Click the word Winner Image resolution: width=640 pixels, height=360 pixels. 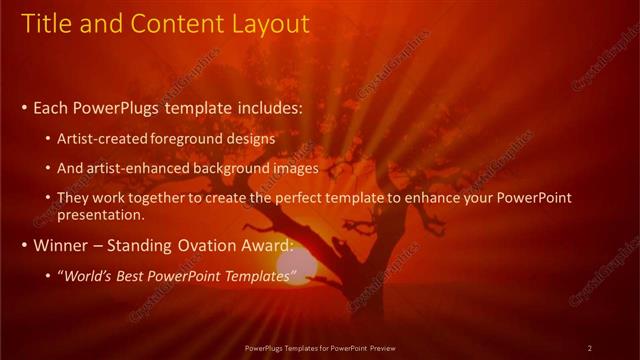pyautogui.click(x=60, y=245)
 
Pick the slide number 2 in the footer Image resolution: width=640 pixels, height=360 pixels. pyautogui.click(x=589, y=348)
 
